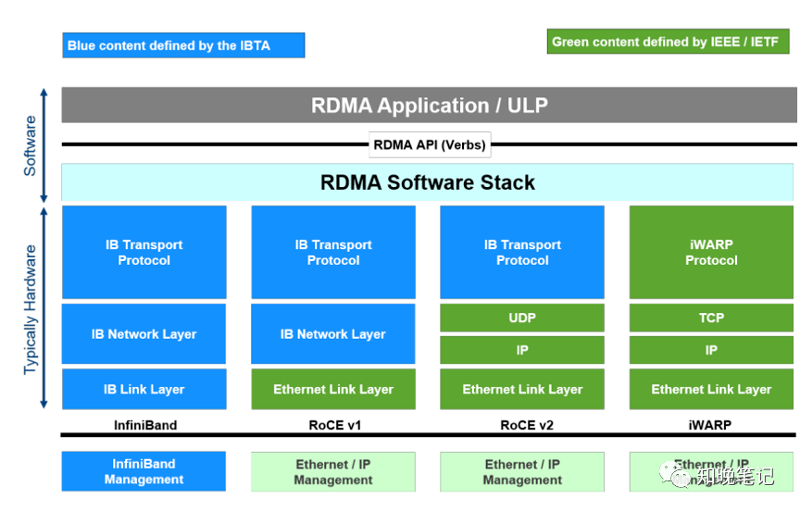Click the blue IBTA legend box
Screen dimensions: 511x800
[x=184, y=45]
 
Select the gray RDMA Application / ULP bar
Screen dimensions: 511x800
[x=429, y=106]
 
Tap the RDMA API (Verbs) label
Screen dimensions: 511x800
[x=429, y=144]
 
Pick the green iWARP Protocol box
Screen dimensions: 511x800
[x=711, y=253]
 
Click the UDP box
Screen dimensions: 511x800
[x=522, y=318]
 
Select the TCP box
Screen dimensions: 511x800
[x=711, y=318]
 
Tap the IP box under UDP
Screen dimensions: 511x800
[x=522, y=350]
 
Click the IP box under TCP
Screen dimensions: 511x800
[x=711, y=350]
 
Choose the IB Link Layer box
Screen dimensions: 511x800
[x=144, y=390]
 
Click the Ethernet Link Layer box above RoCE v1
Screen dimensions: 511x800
[x=333, y=390]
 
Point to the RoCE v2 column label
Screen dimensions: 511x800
[x=522, y=426]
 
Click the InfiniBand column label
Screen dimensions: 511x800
[x=144, y=426]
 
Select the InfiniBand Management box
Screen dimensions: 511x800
[x=144, y=471]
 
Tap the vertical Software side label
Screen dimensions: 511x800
[x=31, y=146]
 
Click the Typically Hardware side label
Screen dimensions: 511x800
[x=31, y=309]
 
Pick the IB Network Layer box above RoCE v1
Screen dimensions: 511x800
[x=333, y=334]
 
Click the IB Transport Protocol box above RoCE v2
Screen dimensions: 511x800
[x=522, y=253]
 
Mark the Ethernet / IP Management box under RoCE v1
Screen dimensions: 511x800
[x=333, y=471]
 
